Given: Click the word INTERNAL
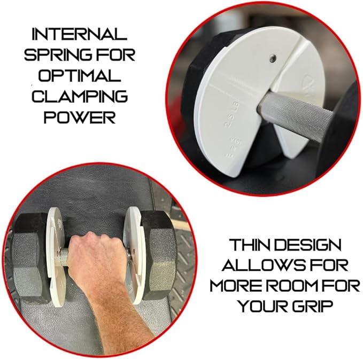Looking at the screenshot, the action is [x=80, y=34].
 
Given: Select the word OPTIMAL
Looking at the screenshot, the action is [x=80, y=75].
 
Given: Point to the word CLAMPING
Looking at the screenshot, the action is [x=80, y=96].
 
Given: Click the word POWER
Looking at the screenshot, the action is [x=80, y=117].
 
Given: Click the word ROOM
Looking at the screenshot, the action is [x=299, y=286].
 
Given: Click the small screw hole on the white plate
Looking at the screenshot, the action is [x=273, y=58].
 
